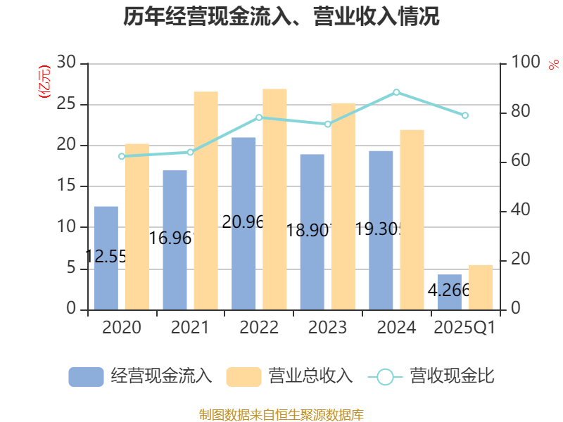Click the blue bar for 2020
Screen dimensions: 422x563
(106, 257)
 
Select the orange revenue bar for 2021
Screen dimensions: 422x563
(205, 200)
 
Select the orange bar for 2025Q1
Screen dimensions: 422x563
(481, 287)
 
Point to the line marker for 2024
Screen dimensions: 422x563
(396, 92)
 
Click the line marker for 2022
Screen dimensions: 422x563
(259, 117)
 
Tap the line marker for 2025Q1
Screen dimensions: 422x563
(465, 115)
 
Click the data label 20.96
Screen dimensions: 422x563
(243, 222)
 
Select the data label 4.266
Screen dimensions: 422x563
(448, 290)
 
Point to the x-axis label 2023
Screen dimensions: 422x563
(327, 328)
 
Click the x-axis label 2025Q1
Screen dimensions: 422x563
(465, 328)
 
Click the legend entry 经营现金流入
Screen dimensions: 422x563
(141, 376)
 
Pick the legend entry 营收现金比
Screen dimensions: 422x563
(431, 376)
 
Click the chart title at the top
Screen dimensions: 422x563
(281, 17)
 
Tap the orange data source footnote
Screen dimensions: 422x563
(281, 414)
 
